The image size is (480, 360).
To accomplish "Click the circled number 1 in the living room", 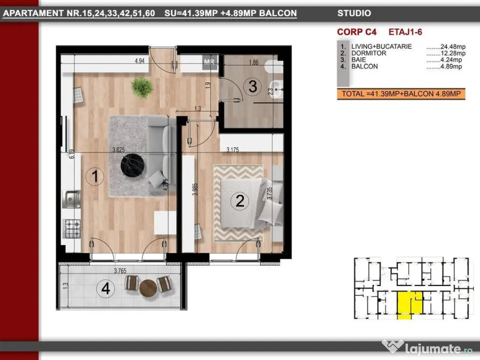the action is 95,177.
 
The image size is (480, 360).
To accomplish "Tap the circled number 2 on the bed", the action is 240,201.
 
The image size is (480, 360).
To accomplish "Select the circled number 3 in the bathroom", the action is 253,86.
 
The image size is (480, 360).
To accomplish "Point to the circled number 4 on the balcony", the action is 105,288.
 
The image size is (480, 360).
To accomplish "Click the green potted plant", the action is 142,88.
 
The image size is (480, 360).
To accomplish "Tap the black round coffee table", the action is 133,165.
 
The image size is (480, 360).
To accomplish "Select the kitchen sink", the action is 71,199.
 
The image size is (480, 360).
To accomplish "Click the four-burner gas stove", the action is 72,228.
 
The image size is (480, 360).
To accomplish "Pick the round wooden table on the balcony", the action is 148,288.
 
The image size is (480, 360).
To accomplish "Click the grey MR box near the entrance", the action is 210,62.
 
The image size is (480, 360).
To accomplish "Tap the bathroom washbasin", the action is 277,89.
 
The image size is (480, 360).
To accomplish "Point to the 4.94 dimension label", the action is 140,61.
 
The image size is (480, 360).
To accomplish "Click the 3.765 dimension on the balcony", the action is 120,270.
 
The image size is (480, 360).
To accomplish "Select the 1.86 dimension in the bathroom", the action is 254,62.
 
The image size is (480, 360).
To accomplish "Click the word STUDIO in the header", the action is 354,13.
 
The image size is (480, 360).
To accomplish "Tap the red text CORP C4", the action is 357,32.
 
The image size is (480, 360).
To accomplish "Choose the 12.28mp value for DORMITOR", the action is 453,53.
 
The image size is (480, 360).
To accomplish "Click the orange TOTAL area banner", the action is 401,94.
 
